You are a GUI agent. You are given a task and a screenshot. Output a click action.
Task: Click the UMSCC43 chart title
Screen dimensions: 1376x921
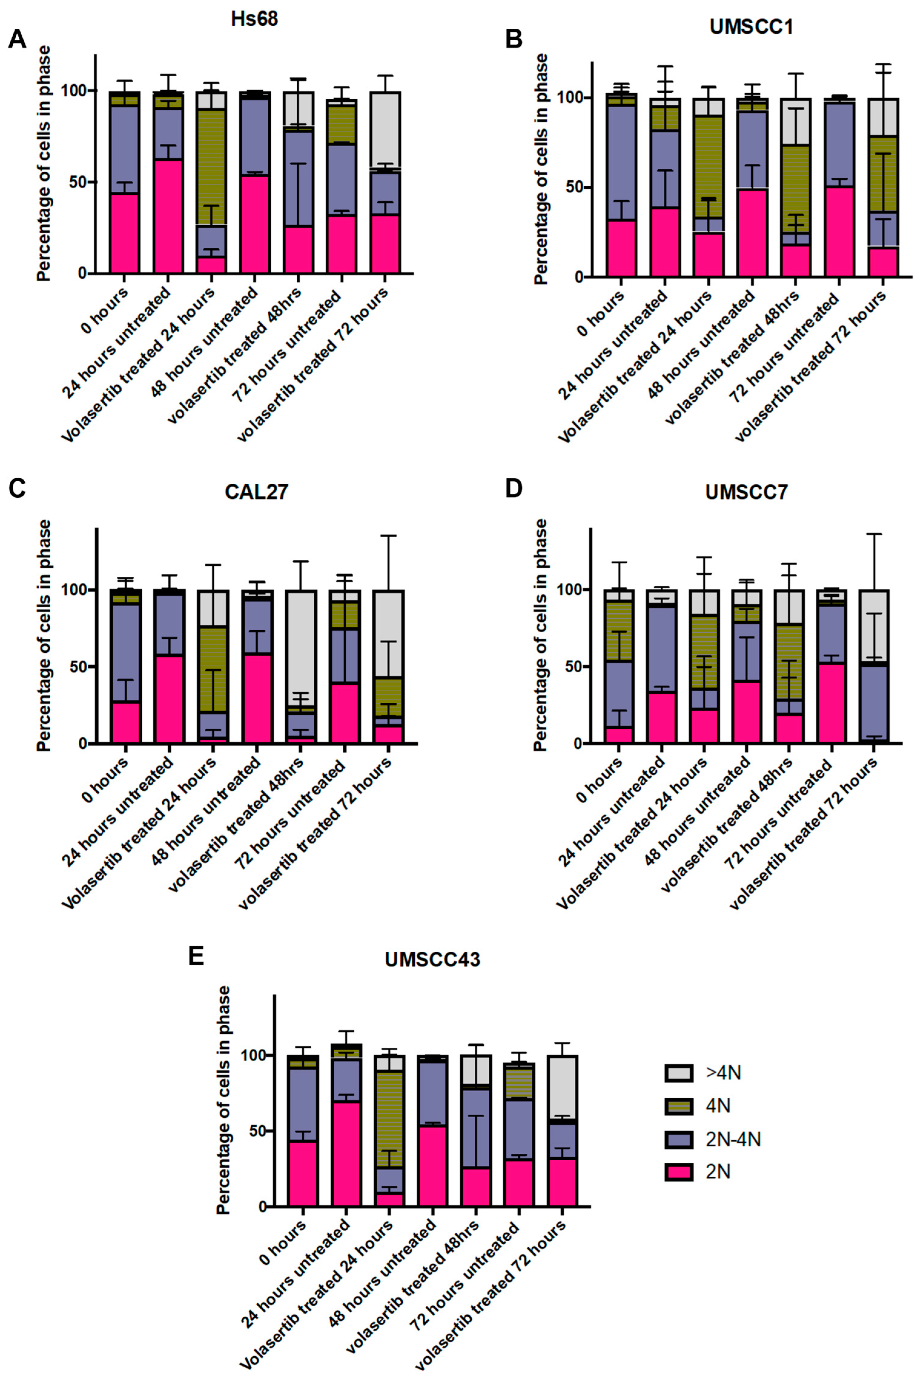click(x=432, y=959)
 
